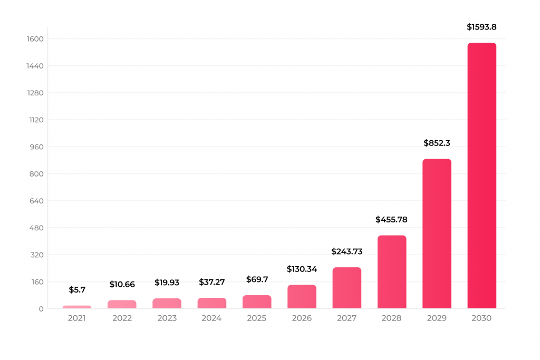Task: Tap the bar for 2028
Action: [x=392, y=272]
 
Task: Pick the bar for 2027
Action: [x=346, y=288]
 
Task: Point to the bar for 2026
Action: [x=302, y=297]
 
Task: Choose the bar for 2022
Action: [x=122, y=304]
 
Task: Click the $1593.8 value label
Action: [x=481, y=27]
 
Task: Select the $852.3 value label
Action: [x=437, y=143]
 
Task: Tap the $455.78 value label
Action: [x=391, y=219]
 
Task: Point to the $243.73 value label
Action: [x=346, y=251]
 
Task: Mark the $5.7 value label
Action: [x=77, y=289]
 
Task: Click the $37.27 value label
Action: [x=211, y=282]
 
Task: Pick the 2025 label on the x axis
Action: [x=257, y=318]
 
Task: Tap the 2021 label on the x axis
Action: [x=77, y=318]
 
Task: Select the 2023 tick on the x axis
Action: [x=167, y=318]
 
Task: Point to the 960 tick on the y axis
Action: [x=36, y=147]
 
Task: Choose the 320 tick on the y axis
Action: [x=36, y=255]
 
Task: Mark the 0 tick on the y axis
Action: [x=41, y=309]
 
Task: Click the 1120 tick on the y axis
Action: [x=35, y=120]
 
